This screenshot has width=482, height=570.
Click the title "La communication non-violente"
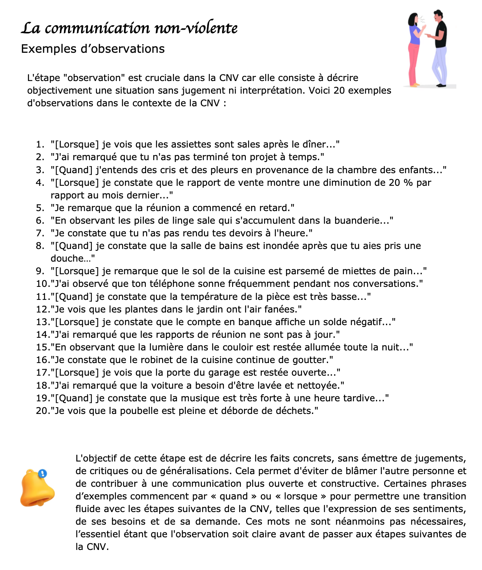click(x=129, y=28)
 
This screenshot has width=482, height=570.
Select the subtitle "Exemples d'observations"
click(x=93, y=49)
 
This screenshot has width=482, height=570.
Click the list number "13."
click(x=43, y=322)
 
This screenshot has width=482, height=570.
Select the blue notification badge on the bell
click(x=43, y=474)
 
